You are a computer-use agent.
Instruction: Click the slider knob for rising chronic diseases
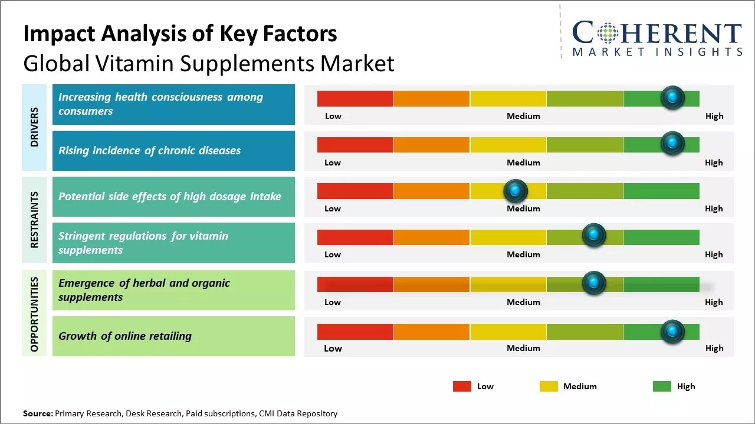point(672,144)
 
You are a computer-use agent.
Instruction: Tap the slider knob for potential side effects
point(516,191)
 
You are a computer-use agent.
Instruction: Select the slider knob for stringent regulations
point(594,236)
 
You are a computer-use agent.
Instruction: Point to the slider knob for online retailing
point(672,332)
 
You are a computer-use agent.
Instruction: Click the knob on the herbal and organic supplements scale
point(594,283)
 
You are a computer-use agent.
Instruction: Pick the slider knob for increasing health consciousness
point(672,97)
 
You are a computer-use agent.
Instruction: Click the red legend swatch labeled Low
point(462,386)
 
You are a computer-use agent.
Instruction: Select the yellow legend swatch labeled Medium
point(549,386)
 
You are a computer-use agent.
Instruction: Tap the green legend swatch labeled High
point(662,386)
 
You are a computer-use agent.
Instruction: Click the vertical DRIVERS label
point(34,127)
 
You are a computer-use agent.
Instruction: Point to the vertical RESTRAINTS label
point(34,220)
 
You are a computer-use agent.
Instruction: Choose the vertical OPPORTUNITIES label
point(34,314)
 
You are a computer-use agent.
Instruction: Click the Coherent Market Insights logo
point(657,38)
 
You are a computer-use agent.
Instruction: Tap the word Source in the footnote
point(37,413)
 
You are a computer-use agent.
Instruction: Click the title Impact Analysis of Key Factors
point(180,34)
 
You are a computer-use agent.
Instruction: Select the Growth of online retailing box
point(173,336)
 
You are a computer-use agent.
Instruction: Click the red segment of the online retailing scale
point(355,332)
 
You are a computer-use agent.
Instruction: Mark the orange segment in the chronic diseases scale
point(431,144)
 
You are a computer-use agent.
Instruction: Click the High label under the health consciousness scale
point(714,116)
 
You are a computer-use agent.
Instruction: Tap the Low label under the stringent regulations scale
point(333,254)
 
